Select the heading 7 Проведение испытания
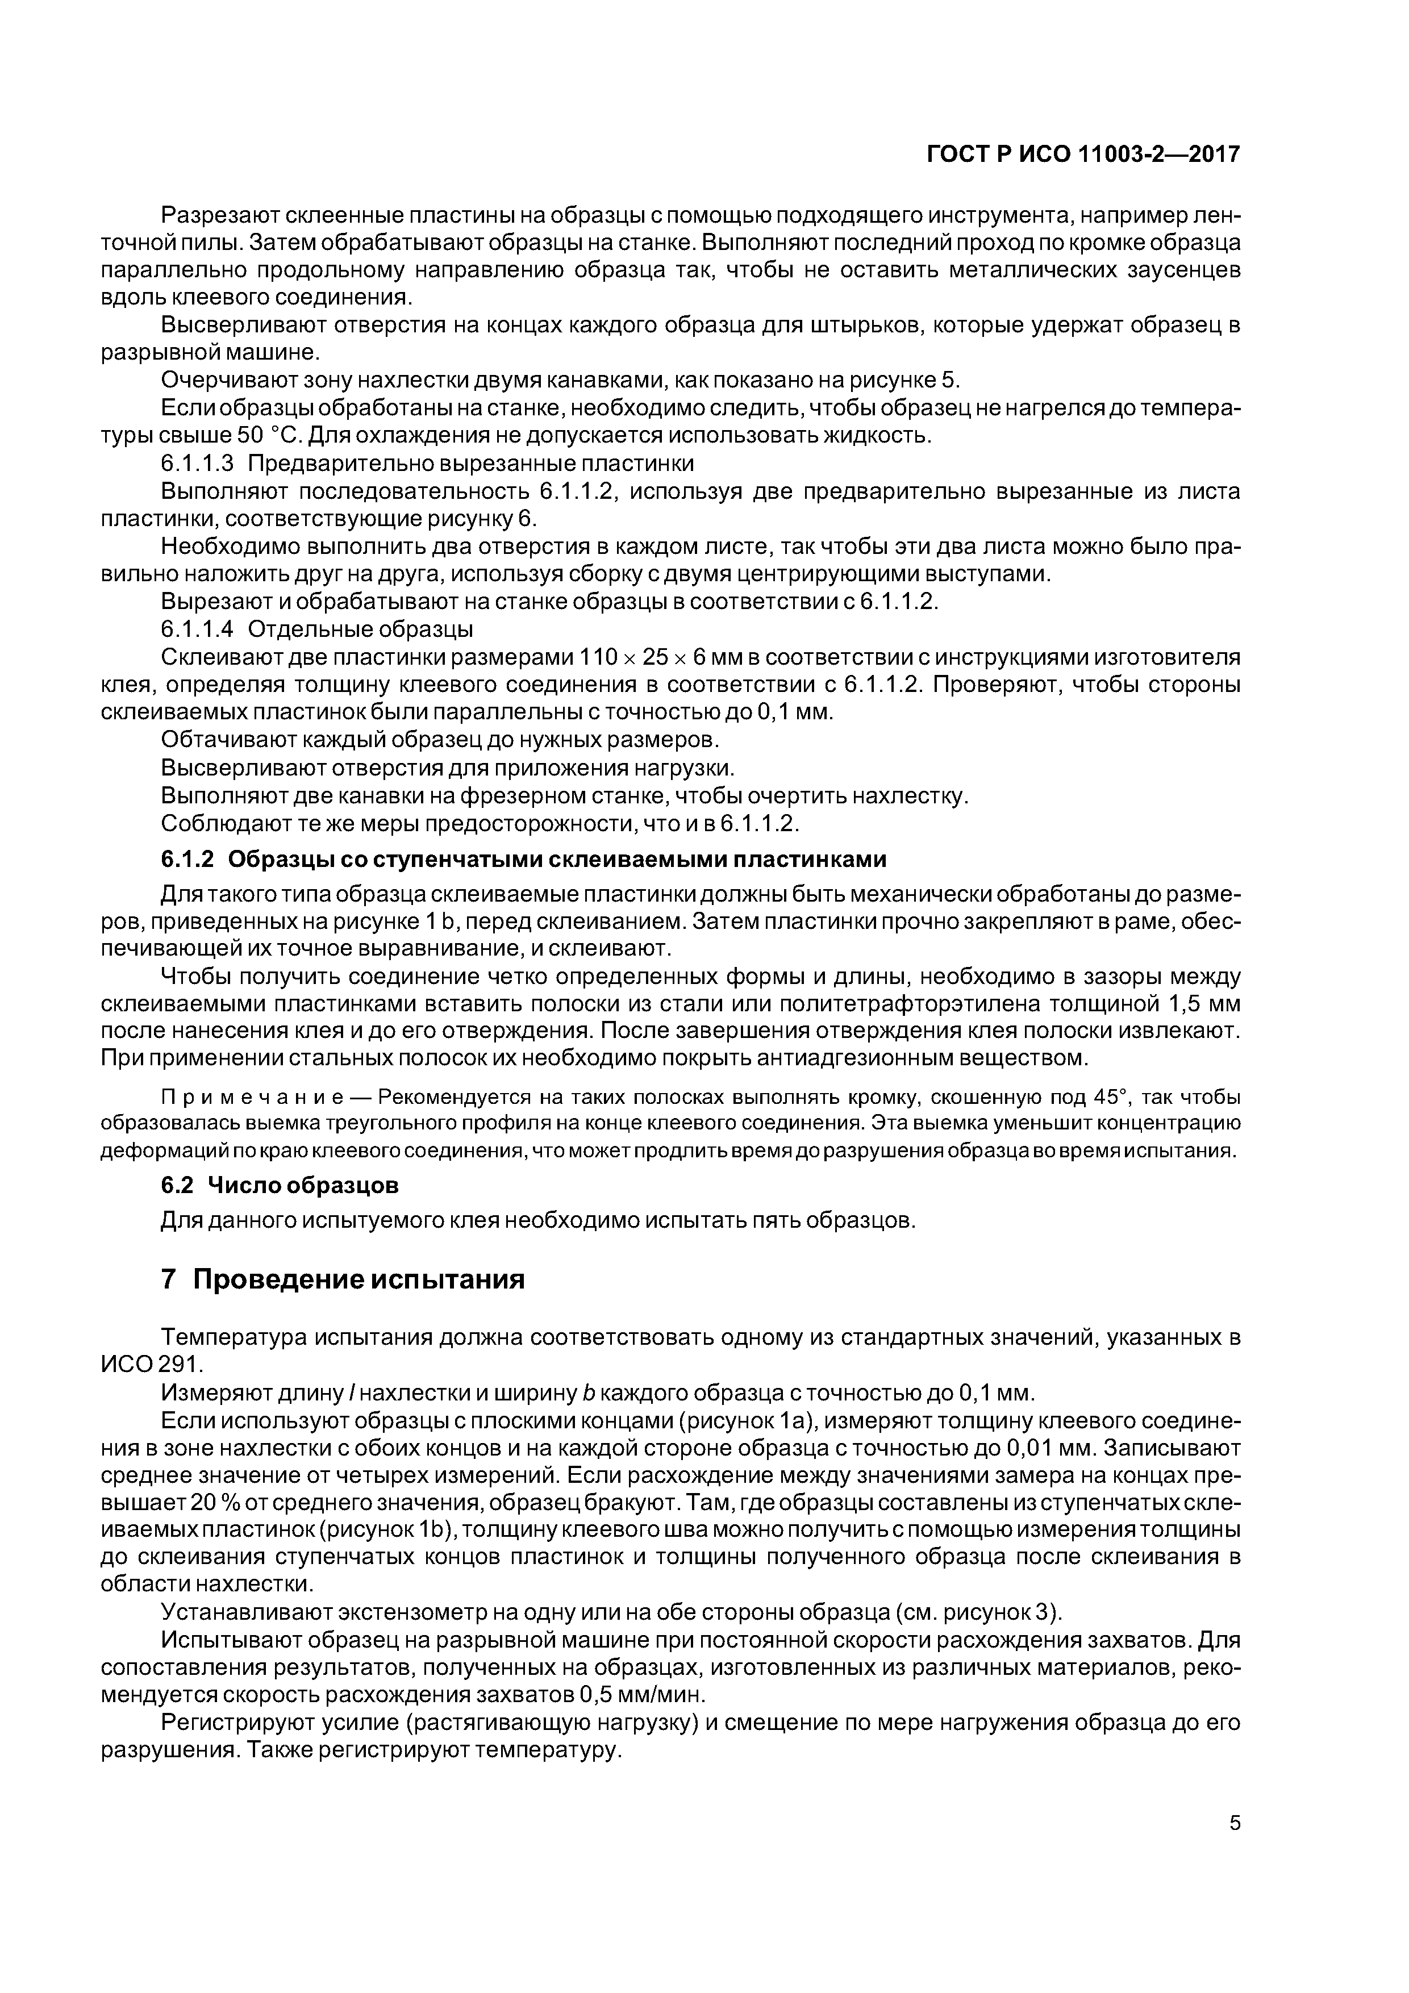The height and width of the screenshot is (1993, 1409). (343, 1279)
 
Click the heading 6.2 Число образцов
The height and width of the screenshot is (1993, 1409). (280, 1184)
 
